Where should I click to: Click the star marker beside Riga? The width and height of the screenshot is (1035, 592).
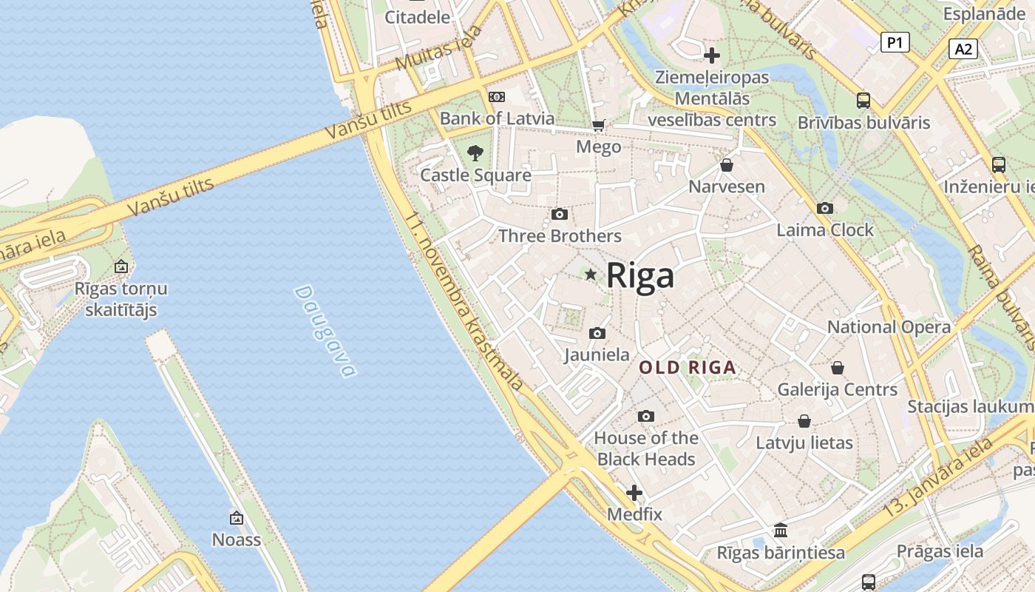(590, 275)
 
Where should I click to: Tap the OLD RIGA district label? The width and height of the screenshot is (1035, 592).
(688, 367)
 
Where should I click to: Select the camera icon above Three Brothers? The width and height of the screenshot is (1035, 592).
(560, 215)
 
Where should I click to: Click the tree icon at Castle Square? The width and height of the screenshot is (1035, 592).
(475, 153)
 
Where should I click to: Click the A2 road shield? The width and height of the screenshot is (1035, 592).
(963, 49)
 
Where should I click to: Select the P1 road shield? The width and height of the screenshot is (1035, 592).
(895, 43)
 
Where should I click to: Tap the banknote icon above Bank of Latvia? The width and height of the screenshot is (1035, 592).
(497, 97)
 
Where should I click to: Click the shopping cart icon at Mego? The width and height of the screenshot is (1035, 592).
(598, 126)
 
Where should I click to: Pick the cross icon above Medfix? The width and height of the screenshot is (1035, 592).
(634, 493)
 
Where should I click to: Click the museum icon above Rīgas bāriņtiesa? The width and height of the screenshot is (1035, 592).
(781, 531)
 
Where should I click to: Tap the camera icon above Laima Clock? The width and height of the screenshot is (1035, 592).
(825, 209)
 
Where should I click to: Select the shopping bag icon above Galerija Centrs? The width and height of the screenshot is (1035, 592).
(838, 368)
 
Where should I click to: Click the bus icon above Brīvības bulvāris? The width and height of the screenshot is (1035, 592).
(863, 101)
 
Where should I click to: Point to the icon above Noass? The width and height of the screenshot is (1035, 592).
(237, 518)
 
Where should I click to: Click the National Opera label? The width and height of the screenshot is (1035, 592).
(889, 327)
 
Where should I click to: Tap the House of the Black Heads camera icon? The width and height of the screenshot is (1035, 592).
(646, 417)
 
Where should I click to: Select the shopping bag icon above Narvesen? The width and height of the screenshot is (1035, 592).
(727, 165)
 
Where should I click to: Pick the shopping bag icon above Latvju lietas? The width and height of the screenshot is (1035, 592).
(804, 422)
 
